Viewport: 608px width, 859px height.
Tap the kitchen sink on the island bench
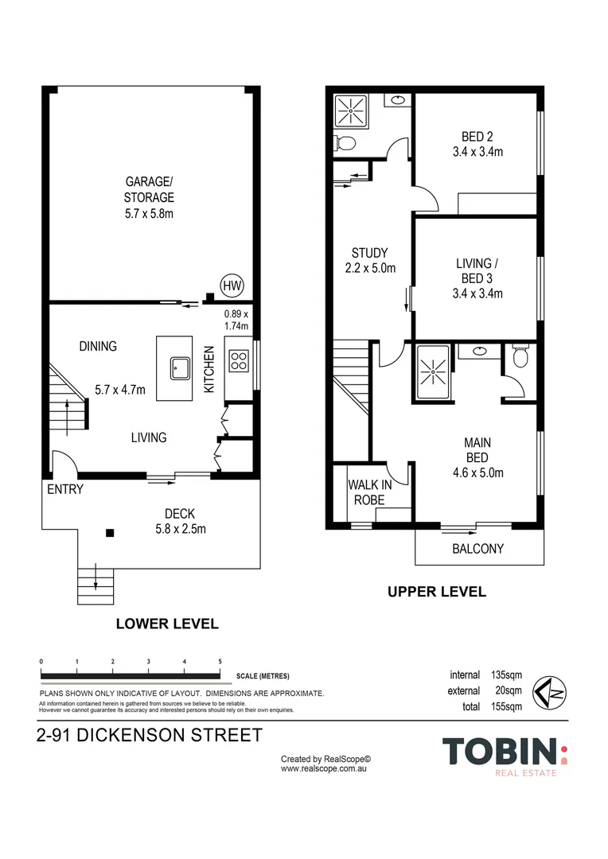click(175, 367)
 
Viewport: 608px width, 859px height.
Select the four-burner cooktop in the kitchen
click(238, 362)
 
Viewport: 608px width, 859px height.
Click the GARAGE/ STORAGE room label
click(149, 197)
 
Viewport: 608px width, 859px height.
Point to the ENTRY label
click(65, 489)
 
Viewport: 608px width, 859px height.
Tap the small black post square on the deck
click(111, 533)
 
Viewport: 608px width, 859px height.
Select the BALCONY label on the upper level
click(477, 549)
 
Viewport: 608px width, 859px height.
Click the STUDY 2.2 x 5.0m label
click(370, 261)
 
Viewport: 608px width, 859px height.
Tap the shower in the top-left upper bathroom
click(349, 110)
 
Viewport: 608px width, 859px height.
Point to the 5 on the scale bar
click(220, 662)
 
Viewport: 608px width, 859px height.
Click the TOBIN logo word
click(500, 752)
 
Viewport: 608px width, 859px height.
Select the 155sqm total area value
click(506, 706)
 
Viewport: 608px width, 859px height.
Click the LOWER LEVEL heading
click(167, 624)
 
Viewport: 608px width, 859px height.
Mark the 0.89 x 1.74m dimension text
click(236, 320)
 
